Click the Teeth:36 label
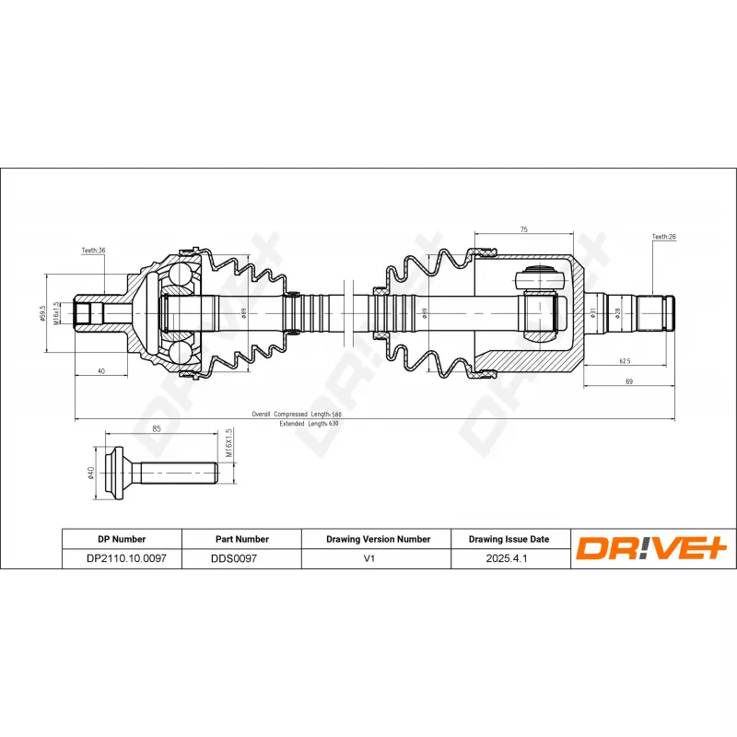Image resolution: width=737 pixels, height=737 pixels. coord(93,251)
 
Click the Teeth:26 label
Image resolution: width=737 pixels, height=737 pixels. coord(663,237)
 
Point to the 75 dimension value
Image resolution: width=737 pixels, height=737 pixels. coord(522,228)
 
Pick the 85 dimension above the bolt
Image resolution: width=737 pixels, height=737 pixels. coord(157,428)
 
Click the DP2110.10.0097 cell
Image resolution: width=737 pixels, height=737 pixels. coord(121,558)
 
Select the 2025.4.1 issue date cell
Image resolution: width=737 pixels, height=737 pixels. coord(509,558)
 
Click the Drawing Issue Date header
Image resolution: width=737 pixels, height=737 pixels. coord(509,539)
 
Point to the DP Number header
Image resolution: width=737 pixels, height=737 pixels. coord(121,539)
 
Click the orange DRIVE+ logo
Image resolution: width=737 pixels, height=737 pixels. coord(652,549)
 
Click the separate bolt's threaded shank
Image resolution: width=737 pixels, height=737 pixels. coord(180,473)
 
